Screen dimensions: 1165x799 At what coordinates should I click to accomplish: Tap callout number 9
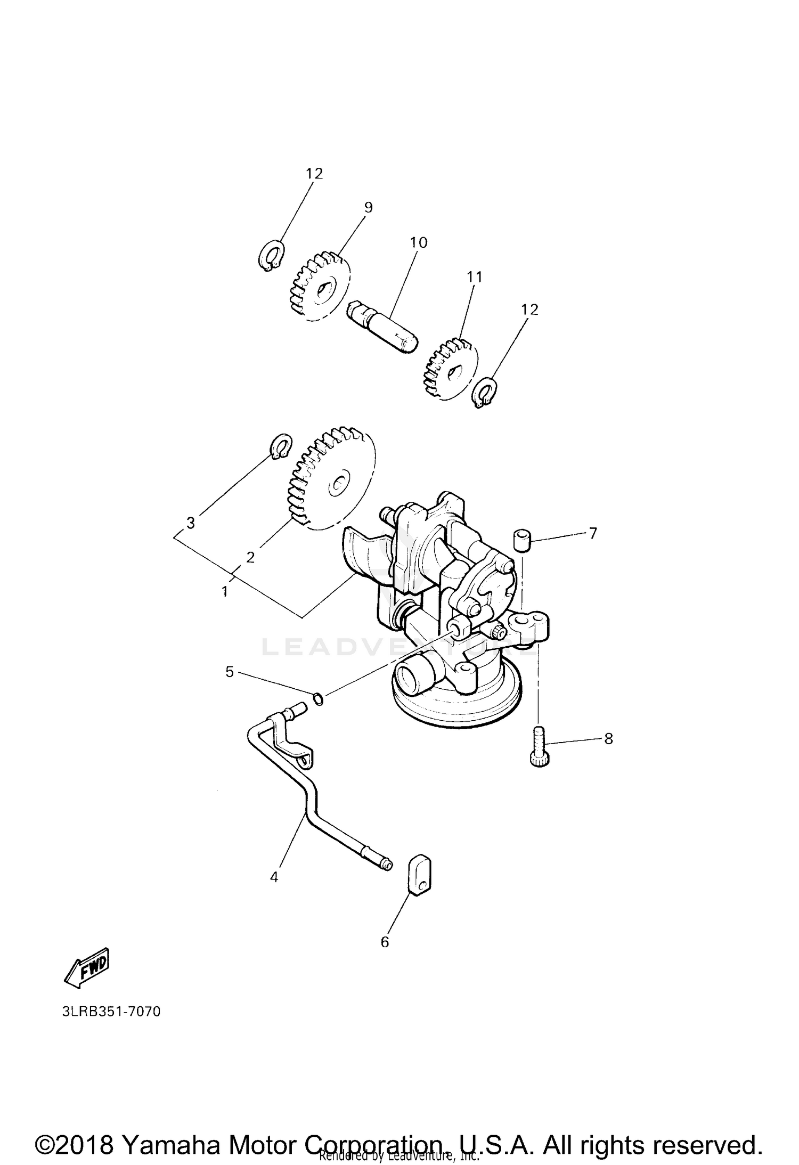pyautogui.click(x=368, y=208)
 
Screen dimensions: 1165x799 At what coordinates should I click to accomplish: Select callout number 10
pyautogui.click(x=419, y=243)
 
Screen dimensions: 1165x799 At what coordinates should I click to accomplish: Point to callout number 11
pyautogui.click(x=474, y=277)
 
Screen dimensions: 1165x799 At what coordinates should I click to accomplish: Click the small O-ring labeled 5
pyautogui.click(x=318, y=699)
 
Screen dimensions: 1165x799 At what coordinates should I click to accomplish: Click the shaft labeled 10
pyautogui.click(x=382, y=324)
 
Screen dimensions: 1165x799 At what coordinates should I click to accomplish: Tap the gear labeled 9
pyautogui.click(x=320, y=288)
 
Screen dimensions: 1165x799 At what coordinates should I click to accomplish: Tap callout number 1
pyautogui.click(x=225, y=591)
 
